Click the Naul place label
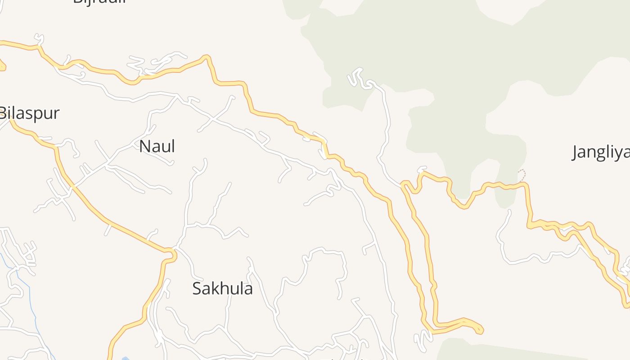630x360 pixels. click(x=157, y=146)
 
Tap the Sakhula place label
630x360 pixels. click(x=222, y=288)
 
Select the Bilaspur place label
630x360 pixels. click(x=30, y=113)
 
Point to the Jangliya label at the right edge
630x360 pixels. click(x=601, y=153)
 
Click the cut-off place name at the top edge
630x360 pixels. click(x=99, y=2)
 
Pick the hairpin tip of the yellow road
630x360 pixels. click(x=480, y=330)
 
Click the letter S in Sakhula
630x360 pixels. click(x=197, y=288)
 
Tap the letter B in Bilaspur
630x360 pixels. click(x=4, y=113)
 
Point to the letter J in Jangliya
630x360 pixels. click(x=576, y=153)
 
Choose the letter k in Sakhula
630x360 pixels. click(x=216, y=288)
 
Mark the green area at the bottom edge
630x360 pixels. click(x=495, y=351)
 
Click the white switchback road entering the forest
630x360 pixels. click(x=358, y=76)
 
